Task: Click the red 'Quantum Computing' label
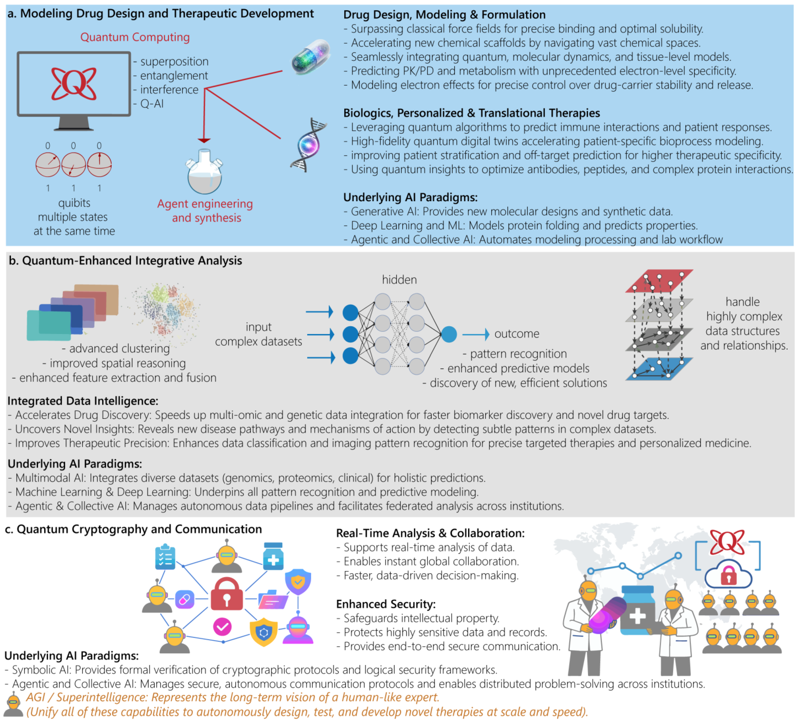[135, 37]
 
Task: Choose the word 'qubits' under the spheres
[74, 203]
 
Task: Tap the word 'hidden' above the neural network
[399, 280]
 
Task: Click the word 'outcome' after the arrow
[517, 334]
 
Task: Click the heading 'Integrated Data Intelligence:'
[83, 401]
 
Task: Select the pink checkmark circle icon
[222, 627]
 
